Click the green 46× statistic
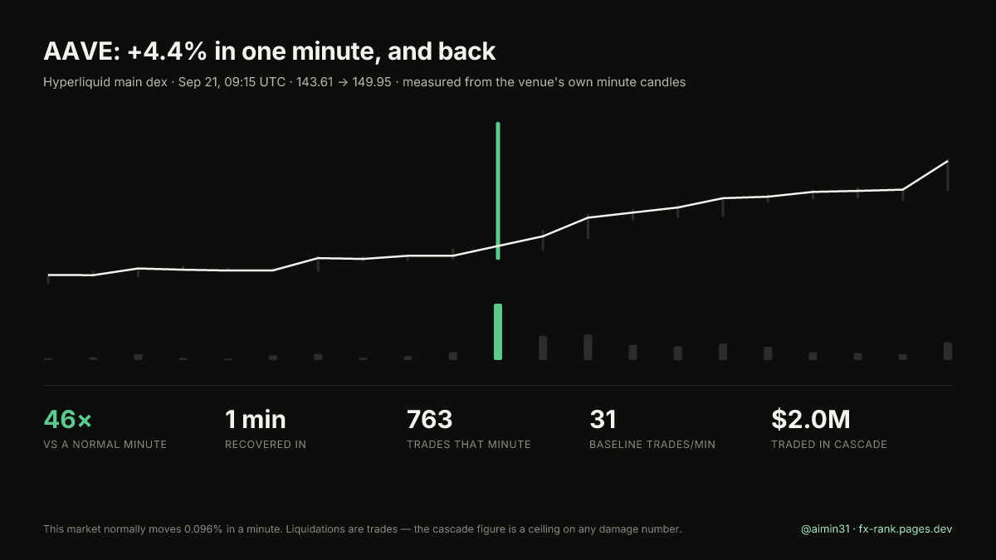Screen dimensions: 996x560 [x=67, y=419]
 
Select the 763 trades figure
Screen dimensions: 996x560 [x=430, y=419]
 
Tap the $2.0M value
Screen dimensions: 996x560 [x=811, y=419]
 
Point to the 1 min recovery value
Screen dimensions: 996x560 [x=256, y=419]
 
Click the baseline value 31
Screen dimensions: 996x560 [x=603, y=419]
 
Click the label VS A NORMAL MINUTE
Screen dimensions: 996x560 [x=105, y=445]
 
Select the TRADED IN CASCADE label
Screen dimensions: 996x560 [x=829, y=445]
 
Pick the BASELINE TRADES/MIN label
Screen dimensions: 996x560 [x=652, y=445]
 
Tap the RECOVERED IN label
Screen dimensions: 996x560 [x=266, y=445]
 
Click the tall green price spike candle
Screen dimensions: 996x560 [x=498, y=191]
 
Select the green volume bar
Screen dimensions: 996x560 [x=498, y=332]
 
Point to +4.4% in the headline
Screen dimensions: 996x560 [x=167, y=51]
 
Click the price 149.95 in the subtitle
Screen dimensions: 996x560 [x=372, y=82]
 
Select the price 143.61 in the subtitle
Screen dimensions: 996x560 [x=315, y=82]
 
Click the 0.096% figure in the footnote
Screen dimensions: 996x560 [x=203, y=529]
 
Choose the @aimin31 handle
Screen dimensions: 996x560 [x=825, y=529]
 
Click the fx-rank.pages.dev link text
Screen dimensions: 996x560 [x=906, y=529]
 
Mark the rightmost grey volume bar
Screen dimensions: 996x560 [x=948, y=351]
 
